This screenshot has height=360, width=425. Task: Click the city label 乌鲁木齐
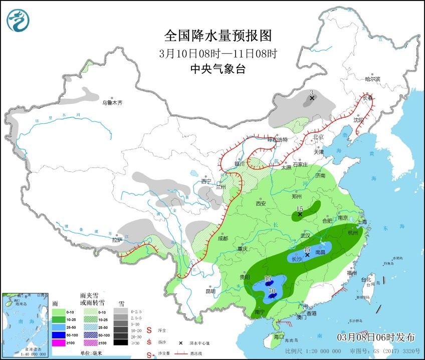112,103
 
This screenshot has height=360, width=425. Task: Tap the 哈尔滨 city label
372,79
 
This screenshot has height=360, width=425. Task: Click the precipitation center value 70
272,291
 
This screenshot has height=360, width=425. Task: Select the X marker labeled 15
300,215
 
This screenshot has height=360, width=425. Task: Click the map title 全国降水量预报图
218,36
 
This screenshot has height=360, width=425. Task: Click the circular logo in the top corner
18,21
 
